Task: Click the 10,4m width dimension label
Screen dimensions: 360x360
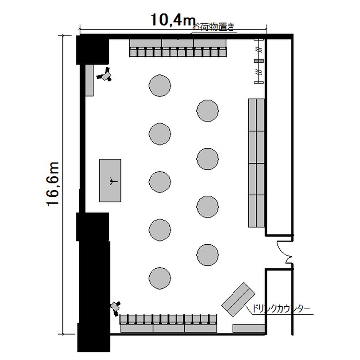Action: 173,20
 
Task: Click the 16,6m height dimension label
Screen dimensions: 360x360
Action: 53,184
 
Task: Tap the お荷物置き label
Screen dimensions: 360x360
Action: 213,27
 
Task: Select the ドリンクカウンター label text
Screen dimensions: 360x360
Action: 281,309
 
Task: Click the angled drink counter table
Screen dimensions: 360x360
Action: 238,300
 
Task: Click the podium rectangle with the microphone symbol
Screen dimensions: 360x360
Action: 110,180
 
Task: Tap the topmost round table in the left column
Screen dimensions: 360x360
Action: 160,85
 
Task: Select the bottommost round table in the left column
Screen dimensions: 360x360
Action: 160,278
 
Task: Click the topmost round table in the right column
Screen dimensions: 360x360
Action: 207,111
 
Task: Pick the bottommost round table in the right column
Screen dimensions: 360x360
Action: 207,255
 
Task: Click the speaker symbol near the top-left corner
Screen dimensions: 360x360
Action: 105,74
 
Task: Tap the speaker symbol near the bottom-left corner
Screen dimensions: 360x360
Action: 116,308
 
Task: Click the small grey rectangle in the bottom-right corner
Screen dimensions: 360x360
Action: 249,328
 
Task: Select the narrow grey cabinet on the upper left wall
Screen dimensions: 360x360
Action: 89,80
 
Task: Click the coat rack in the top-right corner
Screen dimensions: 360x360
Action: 259,61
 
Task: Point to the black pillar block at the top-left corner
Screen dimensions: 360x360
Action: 93,50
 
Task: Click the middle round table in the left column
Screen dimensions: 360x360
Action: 160,182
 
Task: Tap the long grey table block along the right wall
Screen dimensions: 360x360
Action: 256,163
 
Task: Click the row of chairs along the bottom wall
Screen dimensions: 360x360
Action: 168,319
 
